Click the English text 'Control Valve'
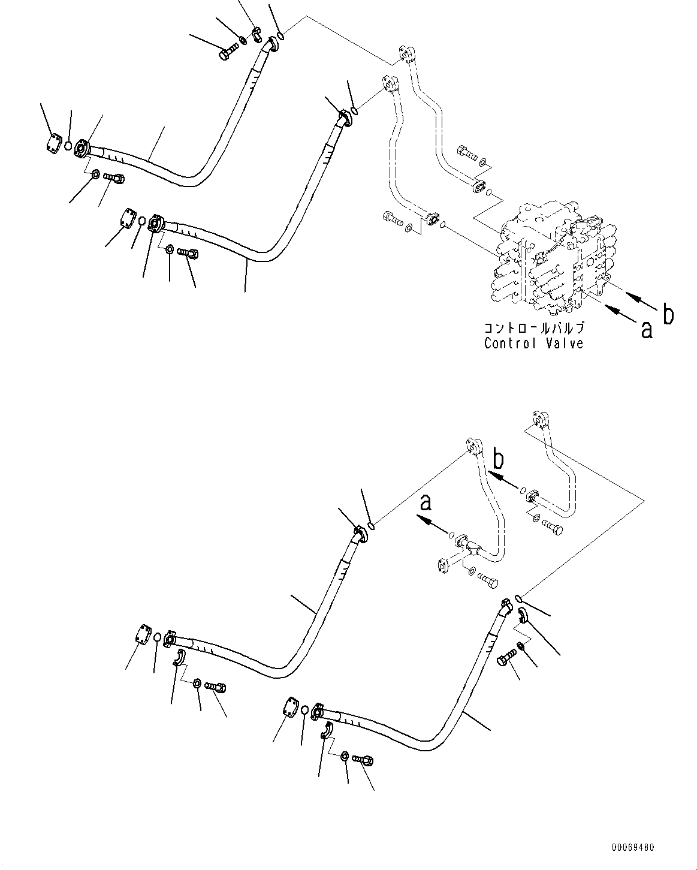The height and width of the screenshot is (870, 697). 533,344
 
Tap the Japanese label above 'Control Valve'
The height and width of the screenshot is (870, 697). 533,329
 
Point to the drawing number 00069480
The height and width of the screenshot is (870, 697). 633,847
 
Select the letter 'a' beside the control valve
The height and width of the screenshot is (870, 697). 646,329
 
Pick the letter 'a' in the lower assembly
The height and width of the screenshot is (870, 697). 426,502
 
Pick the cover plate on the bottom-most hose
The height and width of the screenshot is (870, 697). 290,706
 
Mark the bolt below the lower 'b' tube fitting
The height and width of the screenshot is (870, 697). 553,528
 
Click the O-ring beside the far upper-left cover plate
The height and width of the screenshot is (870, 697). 69,146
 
